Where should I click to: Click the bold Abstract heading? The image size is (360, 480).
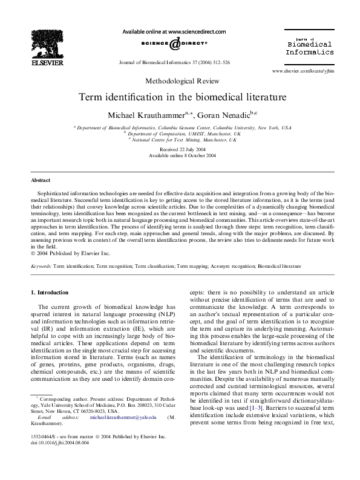click(x=41, y=180)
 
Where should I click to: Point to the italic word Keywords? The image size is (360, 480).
click(x=41, y=265)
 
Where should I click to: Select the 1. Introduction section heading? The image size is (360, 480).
click(x=50, y=293)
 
